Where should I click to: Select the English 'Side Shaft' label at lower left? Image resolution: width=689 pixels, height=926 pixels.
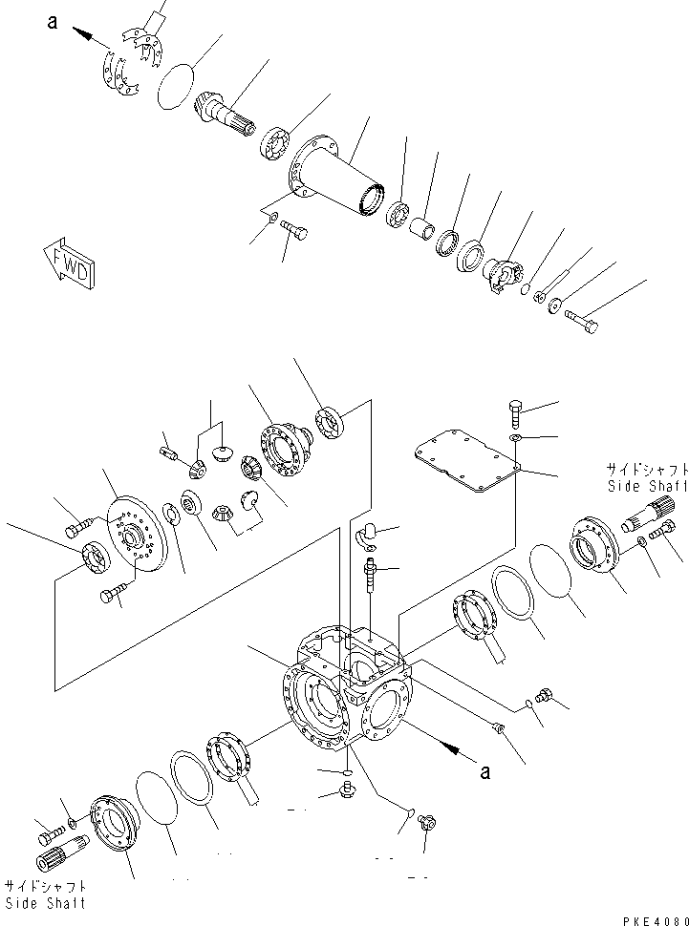(x=45, y=902)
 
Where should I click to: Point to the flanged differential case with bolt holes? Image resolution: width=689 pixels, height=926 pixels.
(x=284, y=447)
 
